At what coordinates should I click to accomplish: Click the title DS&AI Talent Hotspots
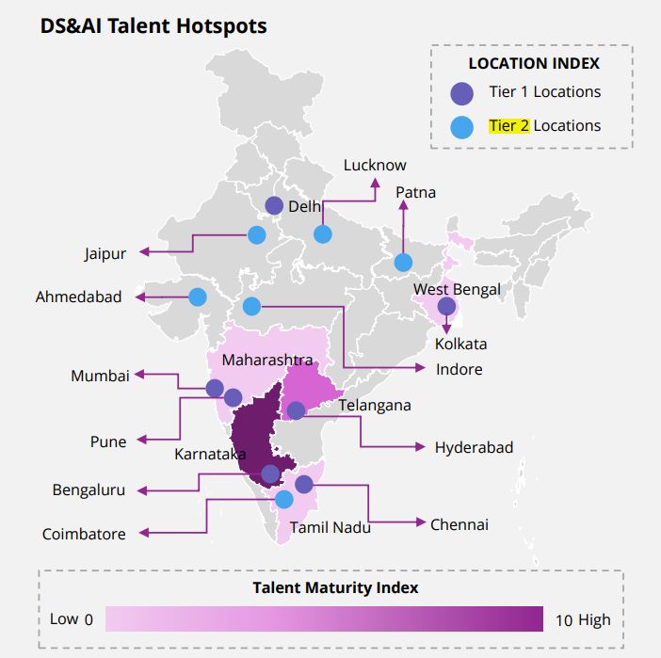tap(153, 25)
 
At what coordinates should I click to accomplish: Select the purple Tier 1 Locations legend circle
tap(461, 93)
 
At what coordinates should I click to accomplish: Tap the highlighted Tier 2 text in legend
tap(508, 125)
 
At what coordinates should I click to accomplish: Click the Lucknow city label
tap(375, 165)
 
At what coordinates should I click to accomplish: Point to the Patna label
tap(415, 192)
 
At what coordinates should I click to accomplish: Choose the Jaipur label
tap(105, 253)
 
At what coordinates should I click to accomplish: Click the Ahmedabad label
tap(79, 297)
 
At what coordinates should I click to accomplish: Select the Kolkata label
tap(460, 344)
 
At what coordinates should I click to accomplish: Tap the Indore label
tap(459, 369)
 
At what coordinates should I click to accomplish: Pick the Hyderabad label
tap(474, 447)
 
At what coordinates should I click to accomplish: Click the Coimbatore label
tap(84, 534)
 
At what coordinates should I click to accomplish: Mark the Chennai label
tap(459, 524)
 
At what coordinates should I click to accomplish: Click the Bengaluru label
tap(89, 490)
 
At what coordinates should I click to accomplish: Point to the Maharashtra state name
tap(267, 361)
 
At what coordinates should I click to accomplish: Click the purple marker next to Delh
tap(274, 205)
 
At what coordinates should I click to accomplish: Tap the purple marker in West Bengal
tap(446, 306)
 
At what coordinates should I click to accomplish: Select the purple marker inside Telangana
tap(296, 410)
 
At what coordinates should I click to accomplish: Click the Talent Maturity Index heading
tap(335, 587)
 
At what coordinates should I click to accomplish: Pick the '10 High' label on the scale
tap(582, 619)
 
